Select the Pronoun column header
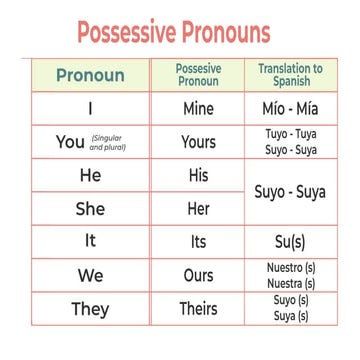pos(90,76)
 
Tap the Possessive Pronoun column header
pos(198,75)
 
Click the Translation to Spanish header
pos(290,75)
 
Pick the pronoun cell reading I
pos(91,108)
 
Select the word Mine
pos(198,108)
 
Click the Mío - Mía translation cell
pos(290,108)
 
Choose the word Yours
pos(198,142)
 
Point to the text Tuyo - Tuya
pos(290,134)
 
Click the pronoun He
pos(90,176)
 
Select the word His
pos(198,176)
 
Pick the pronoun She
pos(90,209)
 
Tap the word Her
pos(198,209)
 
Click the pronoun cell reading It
pos(91,242)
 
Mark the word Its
pos(198,242)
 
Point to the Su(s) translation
pos(290,242)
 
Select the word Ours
pos(198,275)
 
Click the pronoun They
pos(90,309)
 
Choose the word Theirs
pos(198,309)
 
